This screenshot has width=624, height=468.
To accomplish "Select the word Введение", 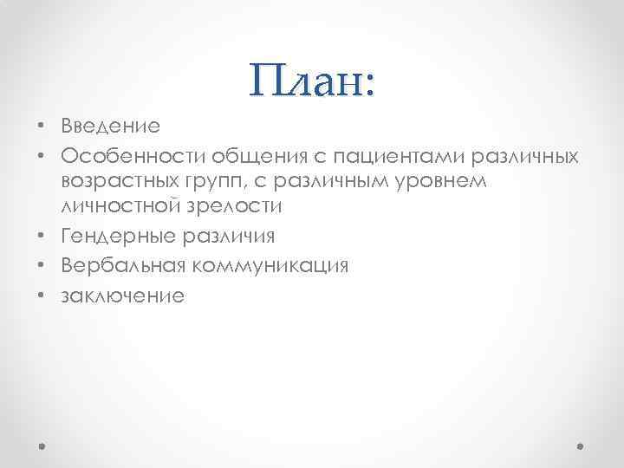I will click(x=110, y=127).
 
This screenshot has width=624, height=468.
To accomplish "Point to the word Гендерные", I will click(x=115, y=237).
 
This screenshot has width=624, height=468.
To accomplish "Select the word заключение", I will click(x=122, y=294).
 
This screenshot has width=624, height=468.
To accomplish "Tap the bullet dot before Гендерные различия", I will click(x=42, y=237).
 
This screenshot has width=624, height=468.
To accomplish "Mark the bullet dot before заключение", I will click(x=42, y=295).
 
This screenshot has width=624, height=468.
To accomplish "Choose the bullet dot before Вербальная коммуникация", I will click(x=42, y=266).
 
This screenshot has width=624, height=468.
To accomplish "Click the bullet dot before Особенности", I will click(x=42, y=155).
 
